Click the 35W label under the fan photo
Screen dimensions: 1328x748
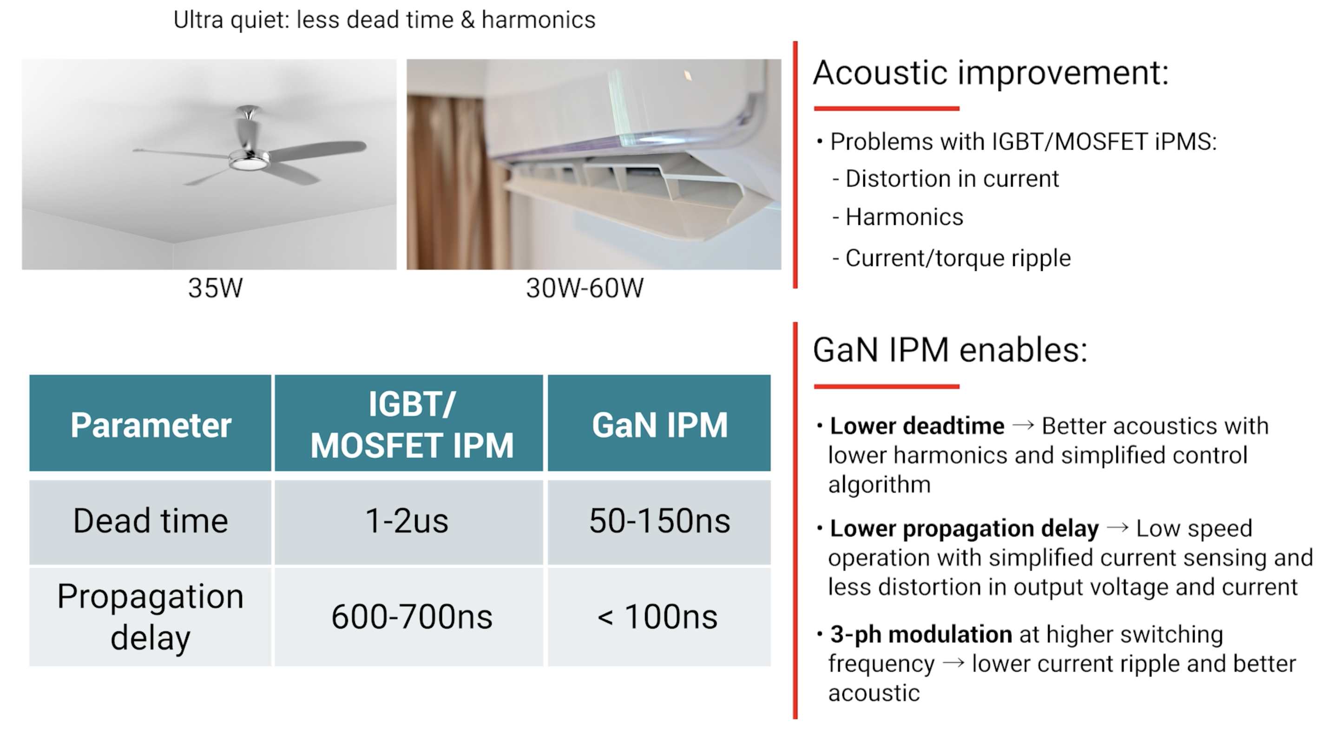click(215, 288)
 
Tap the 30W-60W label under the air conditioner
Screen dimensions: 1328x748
click(585, 288)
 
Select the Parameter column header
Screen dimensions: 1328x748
click(151, 425)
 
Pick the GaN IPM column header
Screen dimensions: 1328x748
click(659, 425)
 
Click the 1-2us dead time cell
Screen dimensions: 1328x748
click(407, 521)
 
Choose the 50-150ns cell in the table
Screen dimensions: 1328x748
click(659, 521)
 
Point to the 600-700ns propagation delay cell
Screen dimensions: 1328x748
click(412, 617)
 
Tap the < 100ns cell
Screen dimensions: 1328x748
click(657, 617)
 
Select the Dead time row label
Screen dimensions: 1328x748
click(151, 521)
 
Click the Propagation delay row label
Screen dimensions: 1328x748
click(151, 617)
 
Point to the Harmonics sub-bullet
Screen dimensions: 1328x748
click(898, 217)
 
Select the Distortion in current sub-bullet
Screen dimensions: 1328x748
click(946, 179)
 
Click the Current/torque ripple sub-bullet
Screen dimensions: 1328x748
click(952, 258)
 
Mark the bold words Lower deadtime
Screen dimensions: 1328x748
click(917, 426)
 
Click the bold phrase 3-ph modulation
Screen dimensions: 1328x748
click(921, 635)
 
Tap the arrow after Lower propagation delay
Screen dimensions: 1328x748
click(1117, 527)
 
